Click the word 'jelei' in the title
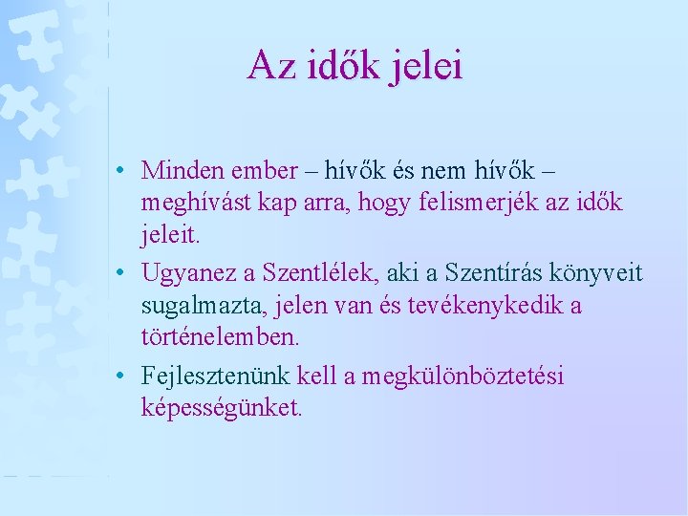click(x=427, y=66)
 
